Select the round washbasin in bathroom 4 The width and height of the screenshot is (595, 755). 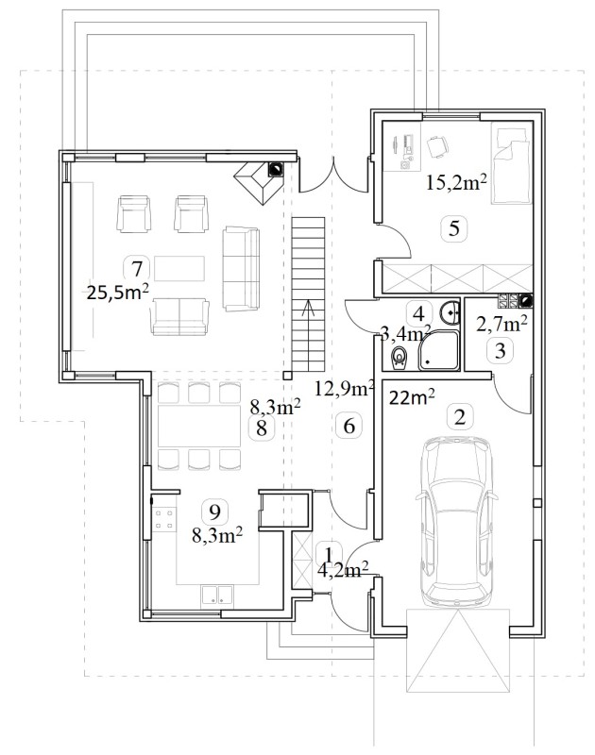click(x=450, y=312)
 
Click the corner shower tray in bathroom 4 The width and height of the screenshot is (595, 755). click(x=438, y=350)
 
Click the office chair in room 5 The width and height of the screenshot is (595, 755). click(x=437, y=145)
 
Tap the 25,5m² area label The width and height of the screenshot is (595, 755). click(x=117, y=292)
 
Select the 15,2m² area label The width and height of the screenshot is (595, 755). click(x=456, y=182)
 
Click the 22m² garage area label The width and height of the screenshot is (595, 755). click(x=412, y=397)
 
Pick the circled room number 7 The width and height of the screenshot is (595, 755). click(x=137, y=268)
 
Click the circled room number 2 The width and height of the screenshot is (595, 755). click(x=460, y=416)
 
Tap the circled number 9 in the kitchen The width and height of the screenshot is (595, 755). click(x=215, y=512)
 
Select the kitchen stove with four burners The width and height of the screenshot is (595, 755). click(x=163, y=520)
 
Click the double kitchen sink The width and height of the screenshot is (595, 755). click(x=217, y=595)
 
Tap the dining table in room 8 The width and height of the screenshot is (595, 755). click(x=199, y=426)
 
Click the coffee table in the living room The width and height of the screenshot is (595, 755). click(x=179, y=268)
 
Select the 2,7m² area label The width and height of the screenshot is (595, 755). click(x=501, y=324)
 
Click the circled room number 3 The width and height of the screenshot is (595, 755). click(x=501, y=350)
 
